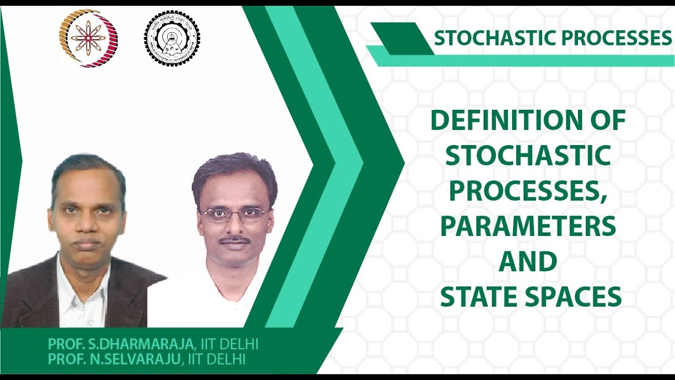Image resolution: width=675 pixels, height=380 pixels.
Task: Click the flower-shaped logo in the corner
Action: [x=88, y=38]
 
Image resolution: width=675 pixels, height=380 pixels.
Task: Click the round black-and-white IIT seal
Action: [x=172, y=38]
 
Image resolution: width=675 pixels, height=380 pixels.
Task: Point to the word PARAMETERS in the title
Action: [x=528, y=226]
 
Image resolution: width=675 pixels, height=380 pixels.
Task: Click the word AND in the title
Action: [x=528, y=262]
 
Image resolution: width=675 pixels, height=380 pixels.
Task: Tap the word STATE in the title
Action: [x=479, y=297]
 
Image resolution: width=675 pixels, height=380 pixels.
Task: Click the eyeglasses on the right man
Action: [x=234, y=214]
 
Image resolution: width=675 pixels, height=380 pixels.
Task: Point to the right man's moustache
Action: [x=235, y=240]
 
